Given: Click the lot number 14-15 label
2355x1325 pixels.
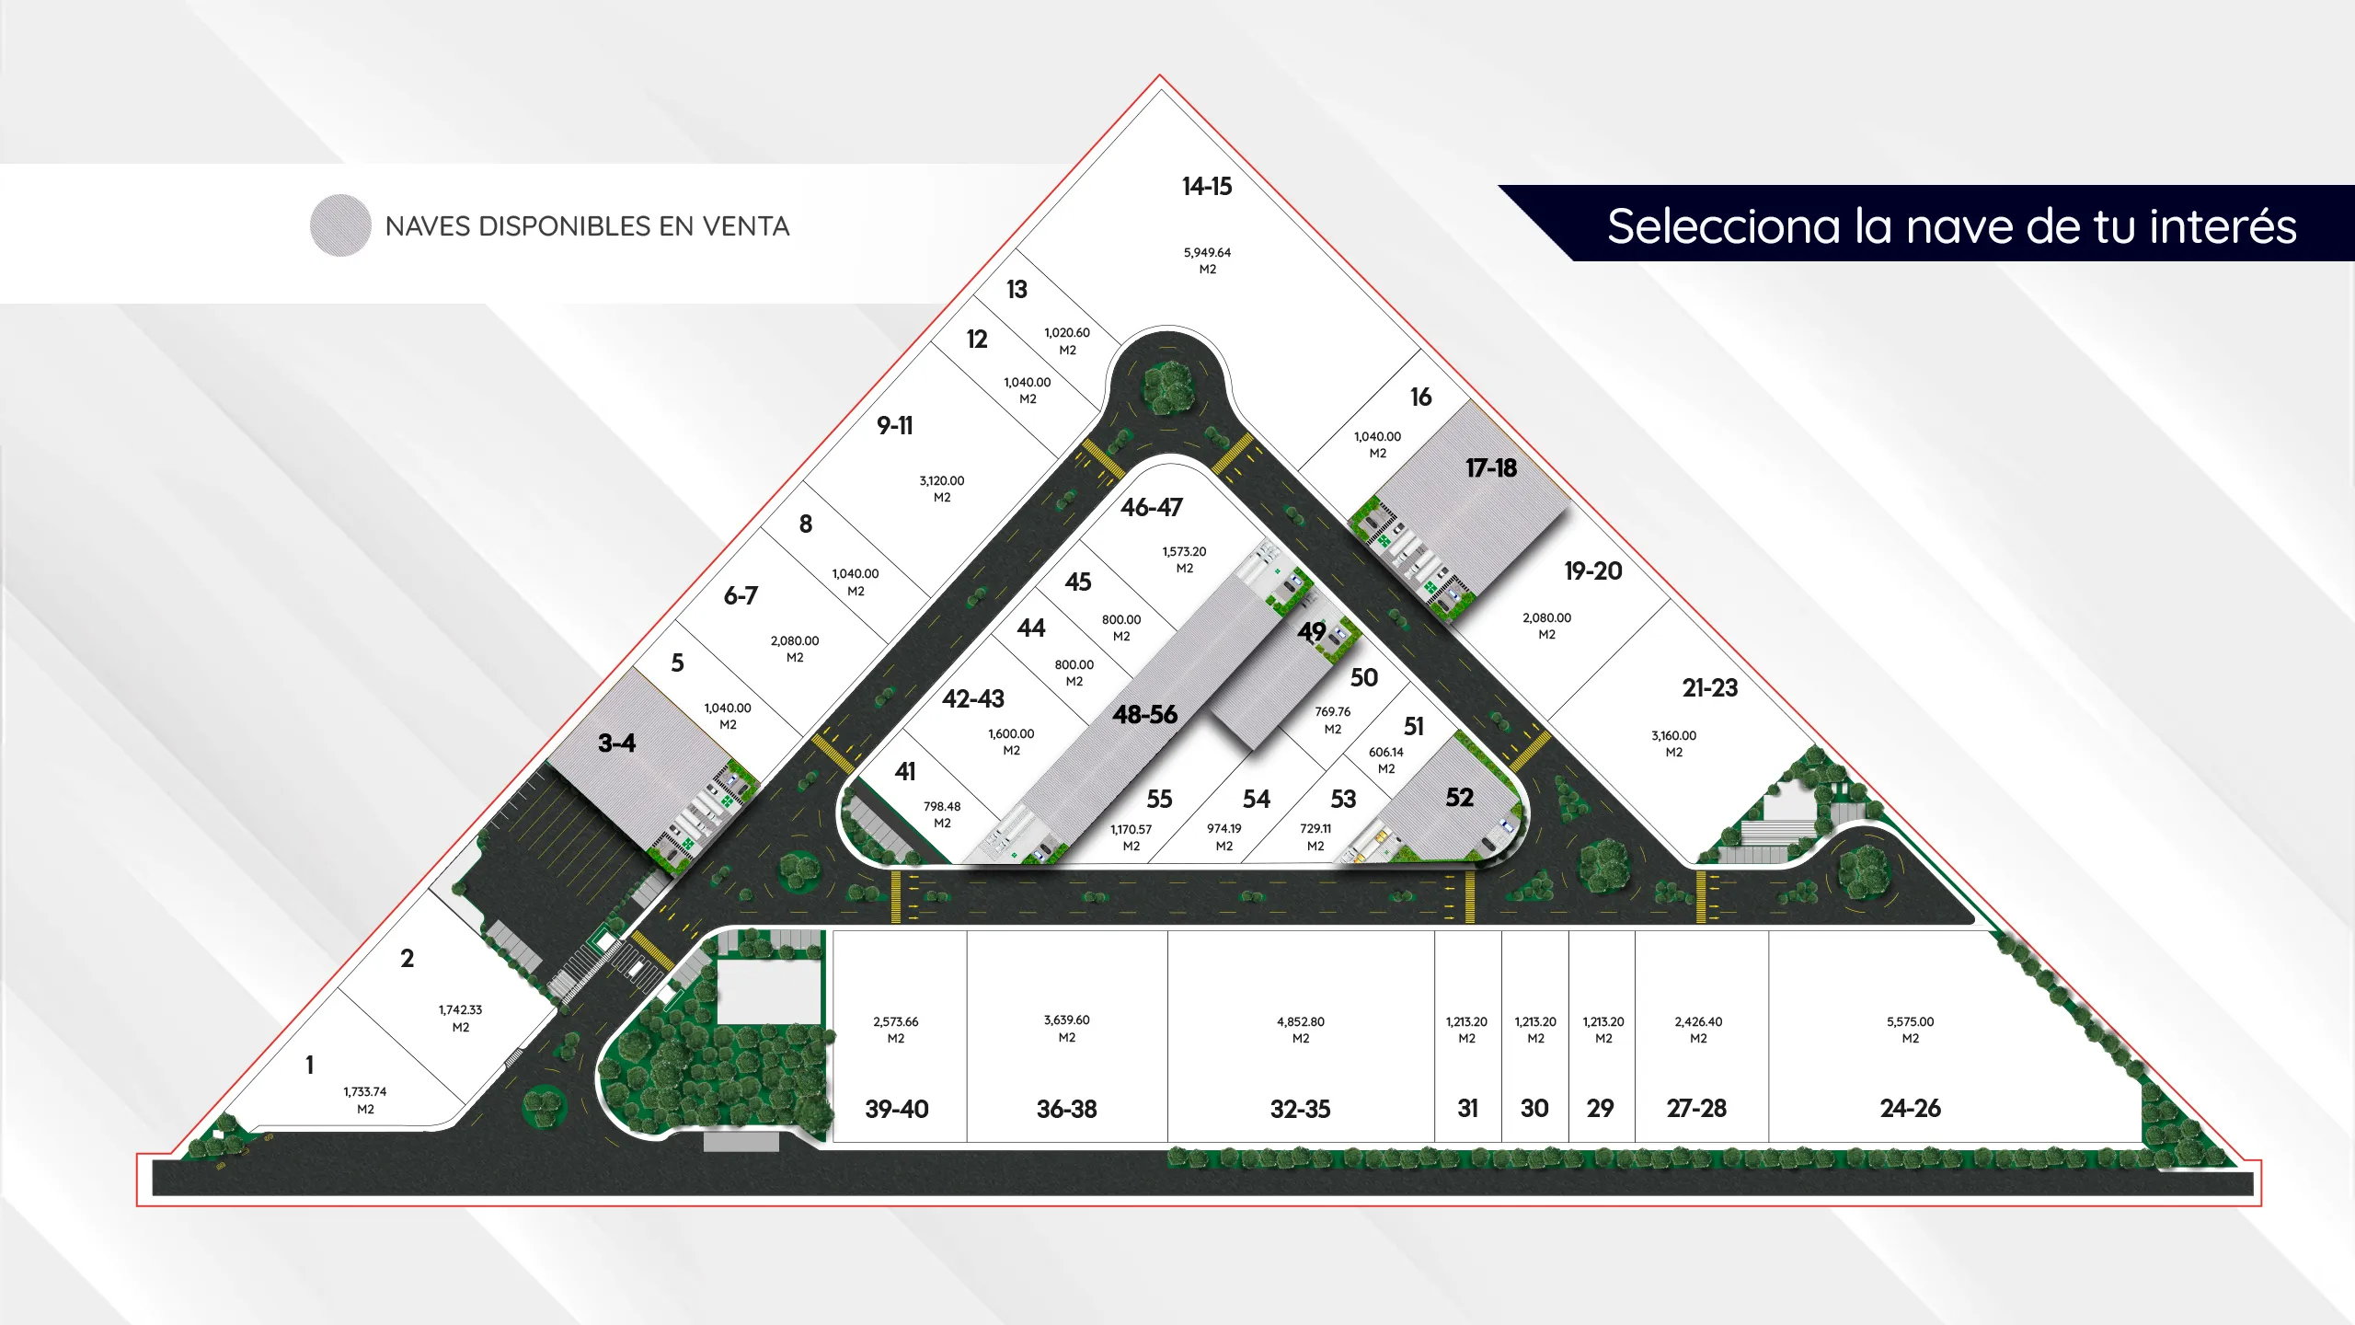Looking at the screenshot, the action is click(1207, 187).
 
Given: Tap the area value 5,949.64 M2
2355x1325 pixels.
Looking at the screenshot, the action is click(1207, 260).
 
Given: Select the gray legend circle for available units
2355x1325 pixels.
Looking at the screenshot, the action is click(340, 225).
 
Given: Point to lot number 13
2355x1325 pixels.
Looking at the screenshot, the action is click(1017, 290).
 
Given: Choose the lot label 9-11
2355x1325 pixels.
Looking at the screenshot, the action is click(894, 426).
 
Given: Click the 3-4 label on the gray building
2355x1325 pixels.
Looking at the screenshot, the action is click(616, 743).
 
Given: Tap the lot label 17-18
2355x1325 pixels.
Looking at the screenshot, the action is click(1491, 468).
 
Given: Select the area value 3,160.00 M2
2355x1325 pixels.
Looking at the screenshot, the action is click(1673, 743).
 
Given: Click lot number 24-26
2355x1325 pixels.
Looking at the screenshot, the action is click(1910, 1109).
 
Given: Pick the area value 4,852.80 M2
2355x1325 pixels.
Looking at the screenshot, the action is click(1301, 1030).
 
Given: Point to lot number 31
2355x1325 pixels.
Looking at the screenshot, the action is click(1467, 1109).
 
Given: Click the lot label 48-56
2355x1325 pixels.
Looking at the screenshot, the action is click(1144, 715).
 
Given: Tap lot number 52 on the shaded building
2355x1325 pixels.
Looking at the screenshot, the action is click(1459, 798).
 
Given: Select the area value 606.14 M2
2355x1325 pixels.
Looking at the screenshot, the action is click(1386, 760).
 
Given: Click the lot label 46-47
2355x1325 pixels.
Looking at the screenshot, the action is click(1152, 508).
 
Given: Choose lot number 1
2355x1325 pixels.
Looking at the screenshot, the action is click(310, 1066).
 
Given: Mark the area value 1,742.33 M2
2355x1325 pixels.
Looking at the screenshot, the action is click(460, 1019).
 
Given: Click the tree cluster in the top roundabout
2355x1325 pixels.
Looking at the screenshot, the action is click(1168, 386).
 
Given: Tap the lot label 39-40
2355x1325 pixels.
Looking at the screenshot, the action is click(897, 1110).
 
